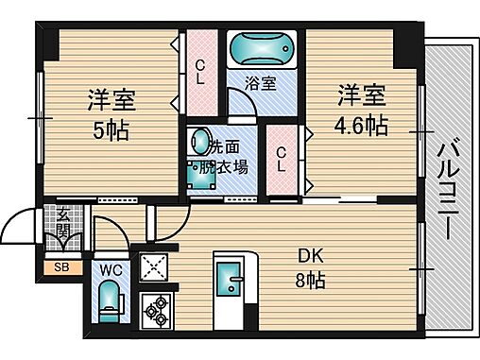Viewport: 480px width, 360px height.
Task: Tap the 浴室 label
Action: [262, 83]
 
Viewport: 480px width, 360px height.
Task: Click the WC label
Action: [111, 269]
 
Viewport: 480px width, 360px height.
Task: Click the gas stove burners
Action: [153, 307]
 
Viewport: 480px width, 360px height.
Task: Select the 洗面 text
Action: [228, 147]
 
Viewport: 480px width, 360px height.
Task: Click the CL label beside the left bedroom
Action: [199, 73]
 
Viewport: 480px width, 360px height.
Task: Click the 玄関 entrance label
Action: [62, 226]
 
